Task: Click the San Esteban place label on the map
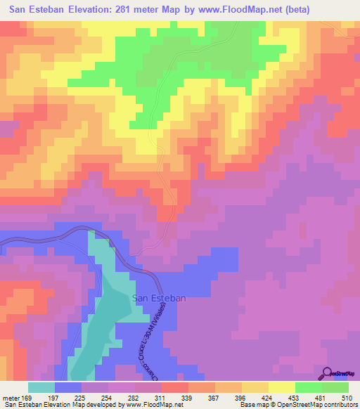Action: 159,298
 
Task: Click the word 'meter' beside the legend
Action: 11,398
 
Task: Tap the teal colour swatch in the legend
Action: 41,387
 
